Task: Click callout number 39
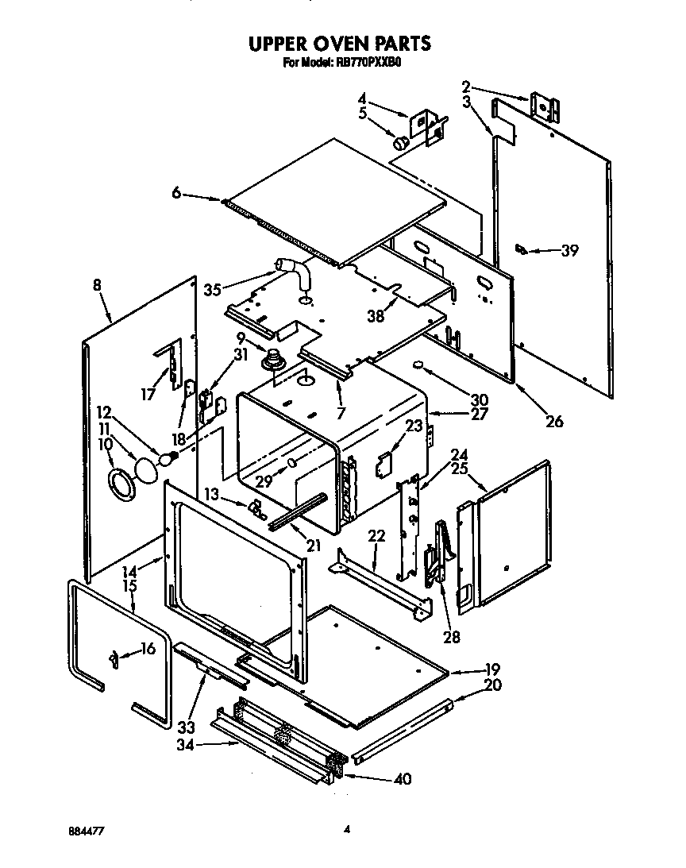569,251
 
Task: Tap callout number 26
554,421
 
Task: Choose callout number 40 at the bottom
403,779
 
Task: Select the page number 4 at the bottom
347,830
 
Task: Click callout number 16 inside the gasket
147,650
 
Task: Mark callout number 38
376,315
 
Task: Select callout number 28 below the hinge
451,635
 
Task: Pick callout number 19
492,669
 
